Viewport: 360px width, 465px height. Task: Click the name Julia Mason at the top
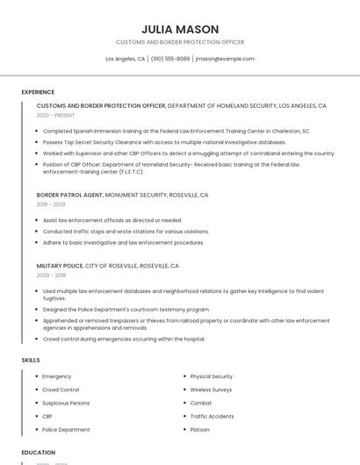point(180,29)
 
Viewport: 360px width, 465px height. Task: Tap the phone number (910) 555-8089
point(169,59)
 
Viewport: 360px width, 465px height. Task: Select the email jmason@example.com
point(225,59)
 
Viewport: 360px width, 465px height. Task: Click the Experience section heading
point(38,91)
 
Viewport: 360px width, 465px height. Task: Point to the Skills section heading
point(31,360)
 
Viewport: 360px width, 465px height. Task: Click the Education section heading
point(39,453)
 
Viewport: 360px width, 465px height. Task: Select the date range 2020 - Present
point(55,115)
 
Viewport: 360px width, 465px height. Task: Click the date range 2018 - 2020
point(51,204)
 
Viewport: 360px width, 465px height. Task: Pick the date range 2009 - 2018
point(51,275)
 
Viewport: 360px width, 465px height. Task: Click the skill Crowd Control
point(61,390)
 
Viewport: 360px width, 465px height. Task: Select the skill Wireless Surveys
point(211,390)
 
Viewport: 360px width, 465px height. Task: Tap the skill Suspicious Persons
point(66,403)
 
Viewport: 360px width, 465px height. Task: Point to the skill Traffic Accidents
point(212,416)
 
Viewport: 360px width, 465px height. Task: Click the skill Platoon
point(199,430)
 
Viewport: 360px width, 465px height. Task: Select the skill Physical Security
point(211,376)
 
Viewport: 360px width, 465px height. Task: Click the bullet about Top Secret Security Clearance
point(164,141)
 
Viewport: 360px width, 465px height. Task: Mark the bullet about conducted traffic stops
point(126,232)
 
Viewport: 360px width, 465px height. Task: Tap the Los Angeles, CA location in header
point(126,59)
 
